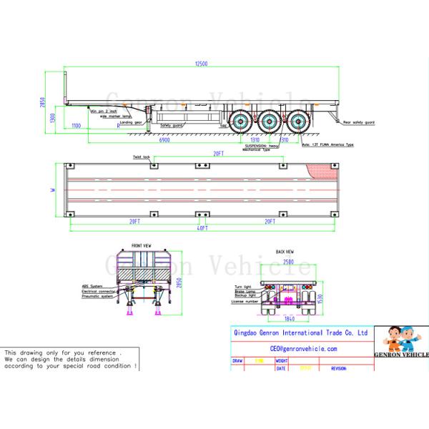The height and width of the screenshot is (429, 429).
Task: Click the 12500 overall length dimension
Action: pyautogui.click(x=202, y=64)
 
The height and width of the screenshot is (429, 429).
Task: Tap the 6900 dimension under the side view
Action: pyautogui.click(x=164, y=141)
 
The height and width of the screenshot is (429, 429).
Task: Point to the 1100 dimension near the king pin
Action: pyautogui.click(x=77, y=126)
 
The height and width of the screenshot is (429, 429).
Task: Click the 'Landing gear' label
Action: pyautogui.click(x=131, y=122)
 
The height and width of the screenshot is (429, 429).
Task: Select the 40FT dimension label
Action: pyautogui.click(x=202, y=227)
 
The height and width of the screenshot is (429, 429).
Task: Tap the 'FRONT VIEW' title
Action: pyautogui.click(x=141, y=246)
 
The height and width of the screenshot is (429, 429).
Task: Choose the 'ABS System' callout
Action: pyautogui.click(x=92, y=286)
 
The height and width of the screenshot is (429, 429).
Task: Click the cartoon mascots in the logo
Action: pyautogui.click(x=401, y=338)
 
